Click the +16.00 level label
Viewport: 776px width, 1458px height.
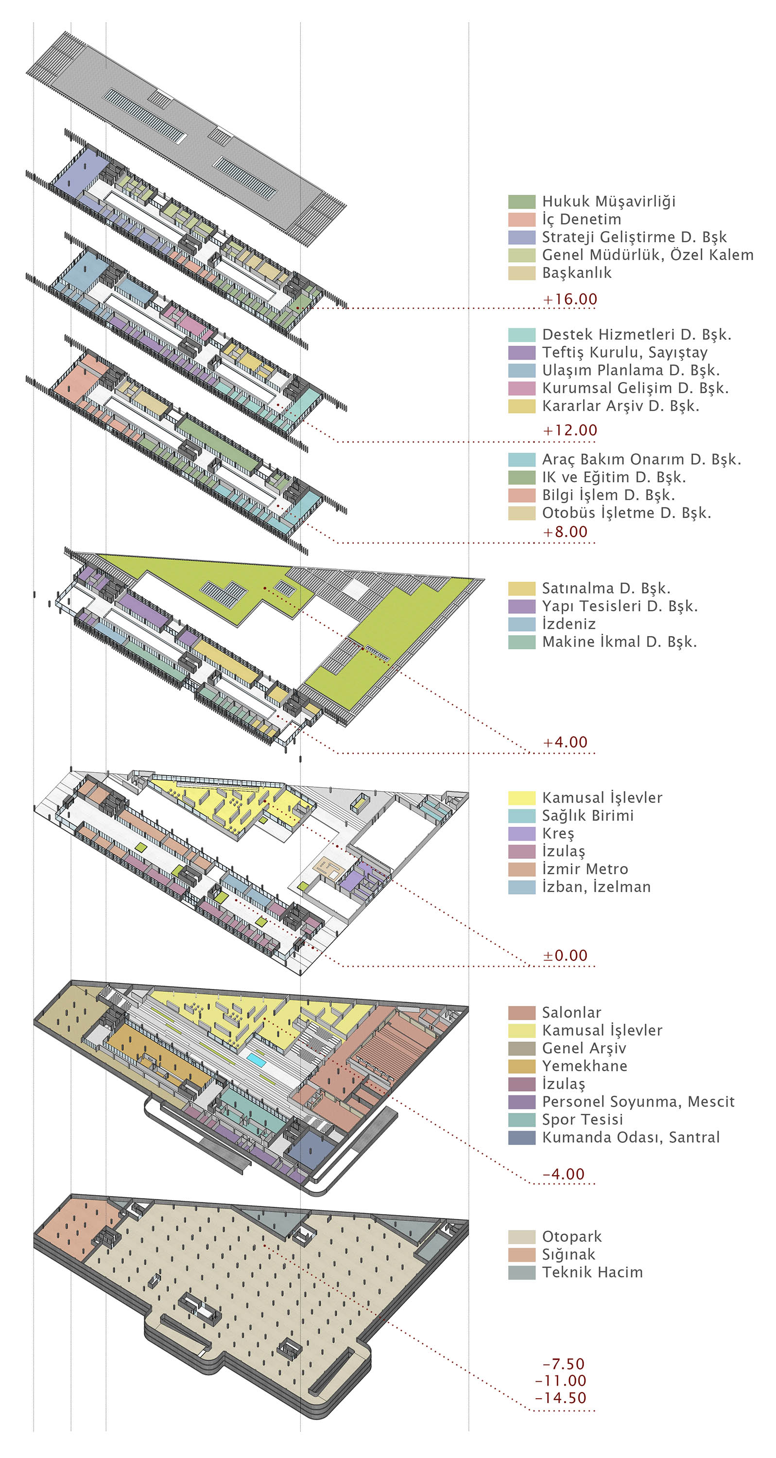coord(570,299)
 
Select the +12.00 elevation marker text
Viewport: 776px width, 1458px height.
coord(570,430)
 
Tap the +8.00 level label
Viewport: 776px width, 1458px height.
coord(565,532)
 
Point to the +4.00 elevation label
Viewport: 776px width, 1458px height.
coord(565,742)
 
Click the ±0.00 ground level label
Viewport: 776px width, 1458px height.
coord(565,955)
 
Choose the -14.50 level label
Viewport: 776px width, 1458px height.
coord(560,1397)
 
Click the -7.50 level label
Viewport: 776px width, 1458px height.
coord(563,1364)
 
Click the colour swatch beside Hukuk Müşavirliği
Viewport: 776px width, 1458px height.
coord(521,202)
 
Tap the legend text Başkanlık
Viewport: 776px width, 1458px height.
coord(577,273)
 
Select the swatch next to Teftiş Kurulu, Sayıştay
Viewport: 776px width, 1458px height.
coord(521,353)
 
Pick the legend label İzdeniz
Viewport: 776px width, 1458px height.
coord(569,624)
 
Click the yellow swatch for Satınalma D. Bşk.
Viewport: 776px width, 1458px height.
coord(521,589)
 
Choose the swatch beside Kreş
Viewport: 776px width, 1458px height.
coord(521,833)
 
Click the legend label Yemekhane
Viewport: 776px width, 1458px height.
coord(585,1066)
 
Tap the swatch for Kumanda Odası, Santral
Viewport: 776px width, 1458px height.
coord(521,1138)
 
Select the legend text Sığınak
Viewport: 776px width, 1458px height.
coord(569,1255)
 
